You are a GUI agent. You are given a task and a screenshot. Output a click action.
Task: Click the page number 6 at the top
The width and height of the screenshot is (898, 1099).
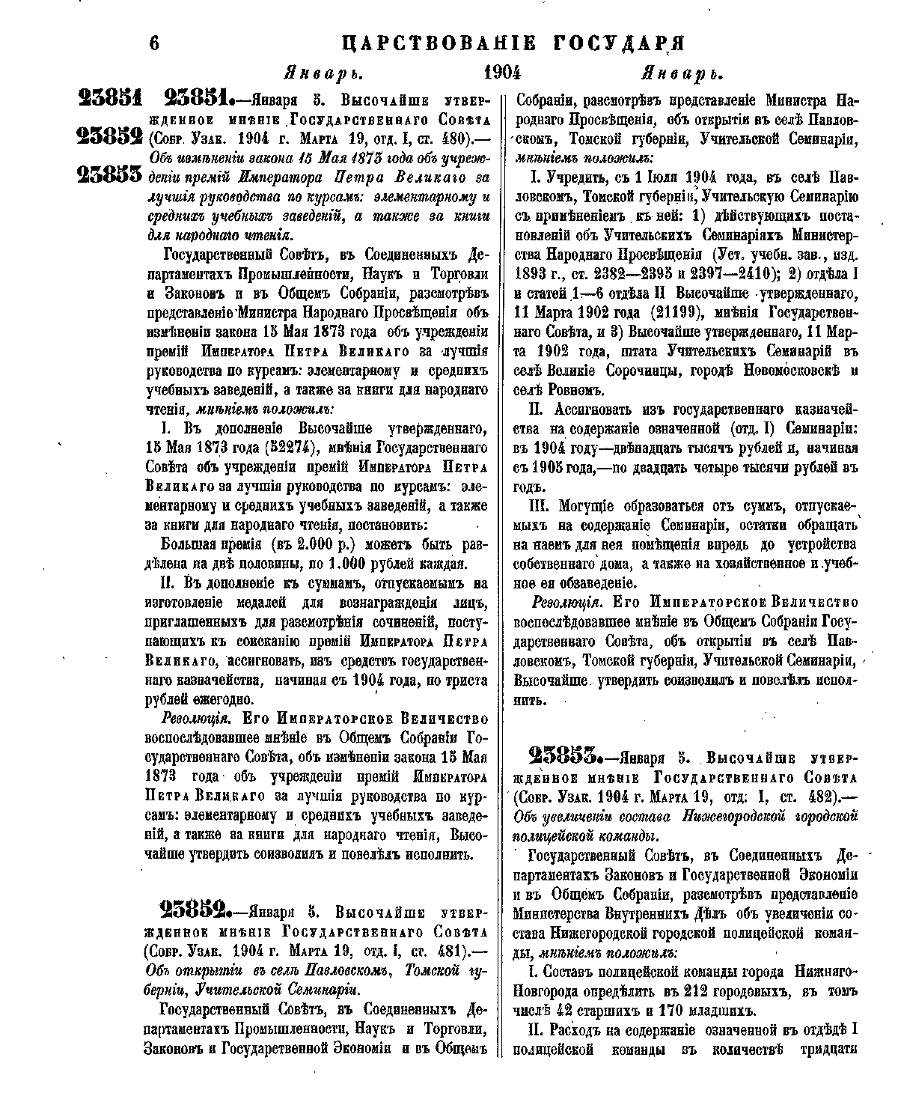click(x=155, y=43)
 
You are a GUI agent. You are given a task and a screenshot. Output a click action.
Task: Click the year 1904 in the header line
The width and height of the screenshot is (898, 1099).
click(x=502, y=73)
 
